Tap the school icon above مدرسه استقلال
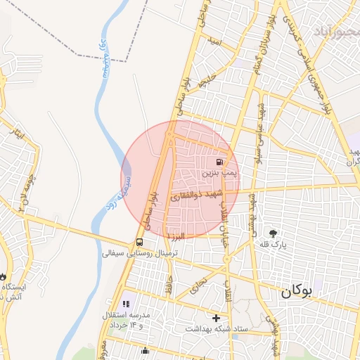coord(127,304)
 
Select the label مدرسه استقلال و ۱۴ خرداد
coord(127,321)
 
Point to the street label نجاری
coord(200,285)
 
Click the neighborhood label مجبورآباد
coord(335,32)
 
